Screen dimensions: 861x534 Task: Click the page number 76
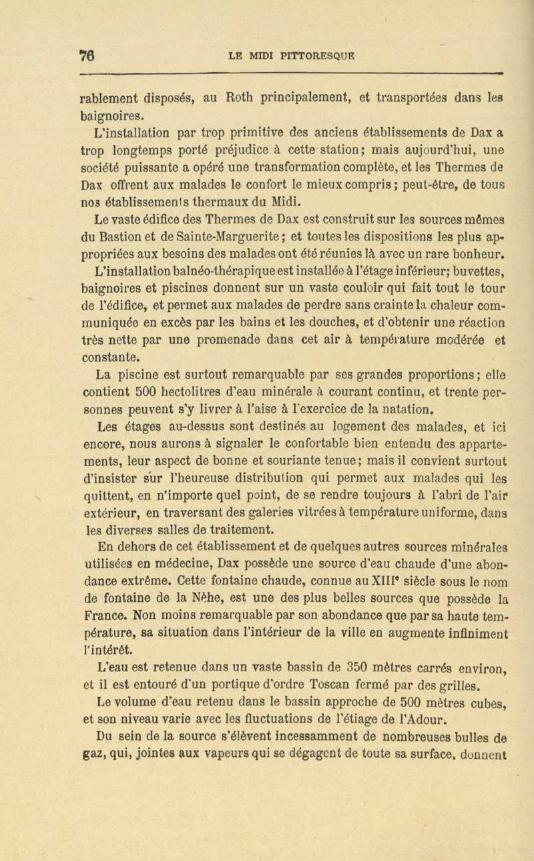coord(85,55)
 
